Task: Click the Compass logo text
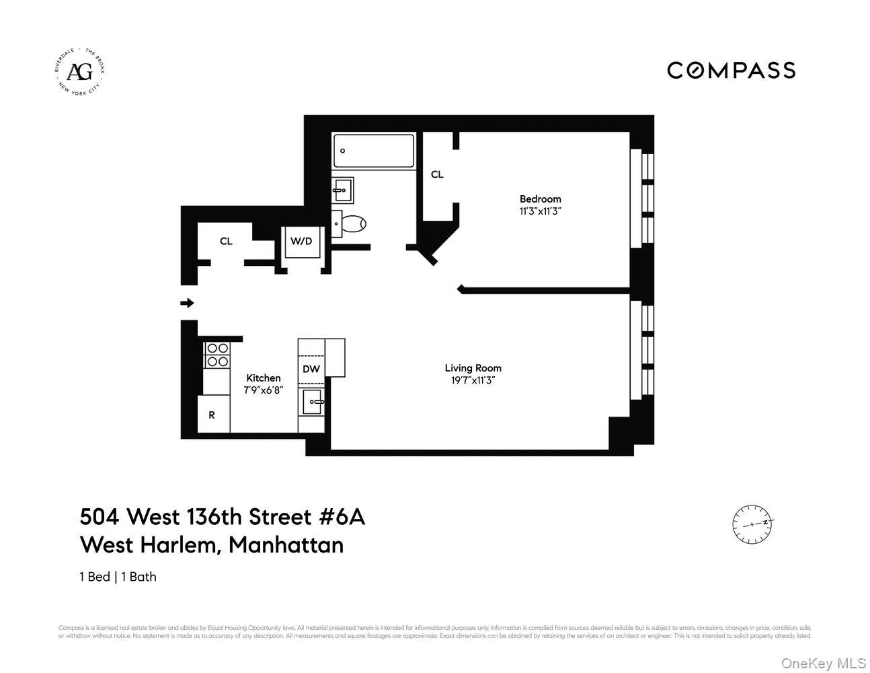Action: (x=731, y=70)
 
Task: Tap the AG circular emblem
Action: (x=80, y=71)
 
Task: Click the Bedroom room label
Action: (x=540, y=199)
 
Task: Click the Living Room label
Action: (x=473, y=367)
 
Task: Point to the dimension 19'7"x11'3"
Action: (x=473, y=380)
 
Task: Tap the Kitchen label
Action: (x=263, y=378)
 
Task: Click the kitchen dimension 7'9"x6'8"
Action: (x=263, y=390)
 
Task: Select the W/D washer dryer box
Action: (x=301, y=241)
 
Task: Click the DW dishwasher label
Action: (x=311, y=369)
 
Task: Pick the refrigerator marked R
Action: (x=212, y=415)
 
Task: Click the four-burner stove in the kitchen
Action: (x=216, y=355)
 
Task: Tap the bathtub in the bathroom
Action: (x=374, y=151)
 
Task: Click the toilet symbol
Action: (x=350, y=223)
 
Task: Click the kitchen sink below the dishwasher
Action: (x=313, y=402)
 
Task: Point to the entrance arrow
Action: (x=188, y=303)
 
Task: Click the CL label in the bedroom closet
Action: (x=437, y=174)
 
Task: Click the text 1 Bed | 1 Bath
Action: (x=118, y=577)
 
